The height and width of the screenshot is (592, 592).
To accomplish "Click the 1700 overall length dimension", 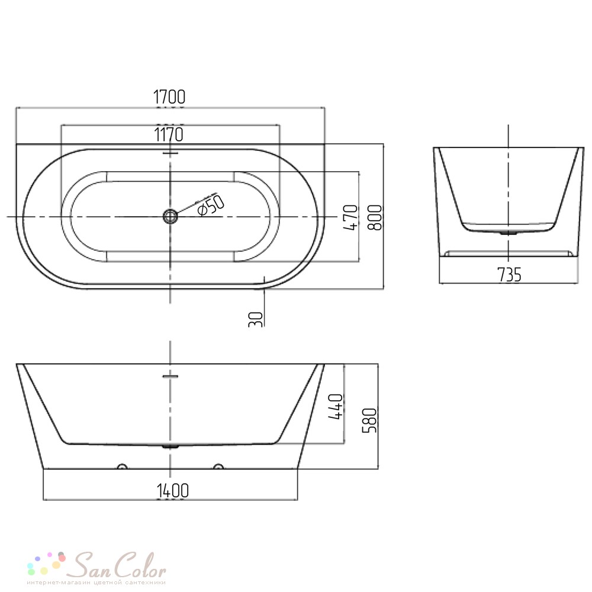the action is point(169,97).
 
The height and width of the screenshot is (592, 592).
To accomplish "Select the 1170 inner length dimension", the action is point(169,134).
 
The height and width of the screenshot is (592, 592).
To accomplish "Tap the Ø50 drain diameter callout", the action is point(211,205).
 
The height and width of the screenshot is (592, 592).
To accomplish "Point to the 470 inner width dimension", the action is point(350,217).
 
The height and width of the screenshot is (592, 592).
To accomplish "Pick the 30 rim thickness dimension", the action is point(256,319).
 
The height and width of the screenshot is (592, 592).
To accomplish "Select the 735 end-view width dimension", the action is point(509,275).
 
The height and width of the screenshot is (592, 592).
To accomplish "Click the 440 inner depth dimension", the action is point(336,406).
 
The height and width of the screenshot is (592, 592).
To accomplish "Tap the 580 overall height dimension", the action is point(369,420).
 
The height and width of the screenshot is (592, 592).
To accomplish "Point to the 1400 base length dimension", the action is point(172,490).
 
